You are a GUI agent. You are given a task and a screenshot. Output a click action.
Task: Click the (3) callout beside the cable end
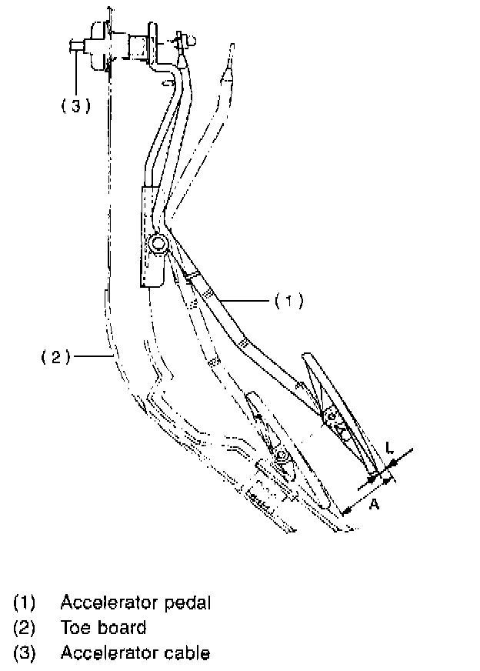tap(75, 106)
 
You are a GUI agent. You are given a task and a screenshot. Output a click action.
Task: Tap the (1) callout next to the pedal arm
tap(288, 301)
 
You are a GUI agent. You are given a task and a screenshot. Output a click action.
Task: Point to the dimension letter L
tap(390, 446)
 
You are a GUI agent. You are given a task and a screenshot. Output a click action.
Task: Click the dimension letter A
tap(373, 504)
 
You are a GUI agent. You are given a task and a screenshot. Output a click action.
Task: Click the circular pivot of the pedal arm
tap(158, 245)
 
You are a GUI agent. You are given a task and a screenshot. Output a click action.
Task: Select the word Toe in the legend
tap(75, 628)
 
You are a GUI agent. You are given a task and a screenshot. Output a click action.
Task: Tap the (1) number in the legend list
tap(24, 602)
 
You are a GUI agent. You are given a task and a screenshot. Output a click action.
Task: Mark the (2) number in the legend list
tap(24, 628)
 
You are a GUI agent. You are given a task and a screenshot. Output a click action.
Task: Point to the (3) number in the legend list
tap(24, 653)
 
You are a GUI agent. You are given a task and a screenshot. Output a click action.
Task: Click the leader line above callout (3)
tap(75, 73)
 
